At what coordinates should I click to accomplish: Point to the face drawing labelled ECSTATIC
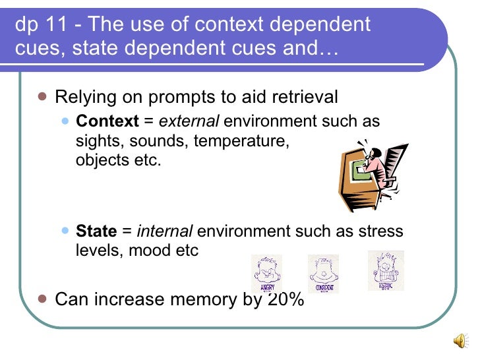click(x=386, y=271)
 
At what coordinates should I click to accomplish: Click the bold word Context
click(x=107, y=122)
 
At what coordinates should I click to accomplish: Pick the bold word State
click(x=96, y=231)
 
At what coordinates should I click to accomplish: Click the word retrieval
click(x=301, y=98)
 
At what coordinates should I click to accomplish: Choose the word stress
click(x=383, y=231)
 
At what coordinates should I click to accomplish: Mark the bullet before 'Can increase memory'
click(x=42, y=298)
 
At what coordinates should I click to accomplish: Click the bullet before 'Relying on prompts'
click(x=42, y=96)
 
